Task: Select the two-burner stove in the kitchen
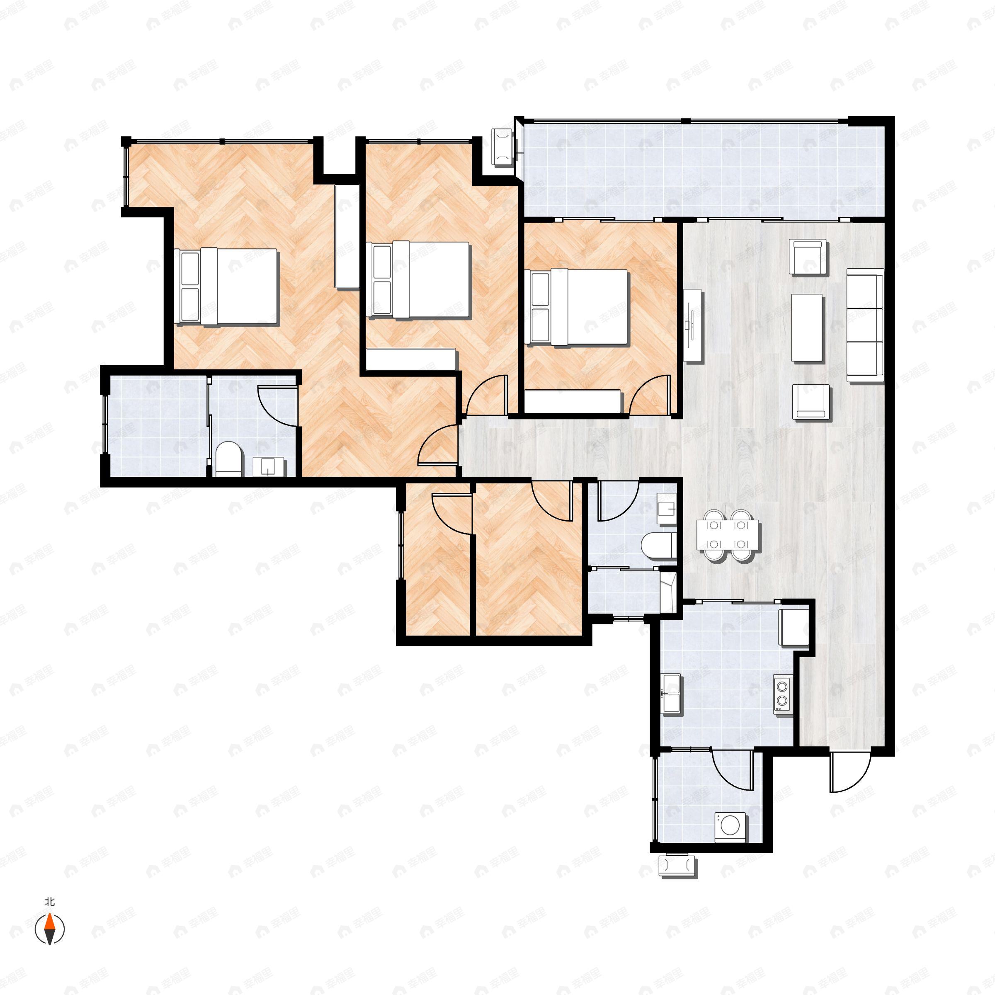point(783,693)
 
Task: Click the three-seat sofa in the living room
point(865,325)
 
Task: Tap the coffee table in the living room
point(807,328)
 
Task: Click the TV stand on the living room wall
point(693,325)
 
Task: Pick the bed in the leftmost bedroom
point(226,286)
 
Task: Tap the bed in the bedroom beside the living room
point(576,306)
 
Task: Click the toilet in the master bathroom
point(228,459)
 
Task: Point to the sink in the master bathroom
point(269,466)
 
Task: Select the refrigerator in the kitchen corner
point(794,627)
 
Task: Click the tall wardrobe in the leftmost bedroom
point(347,236)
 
